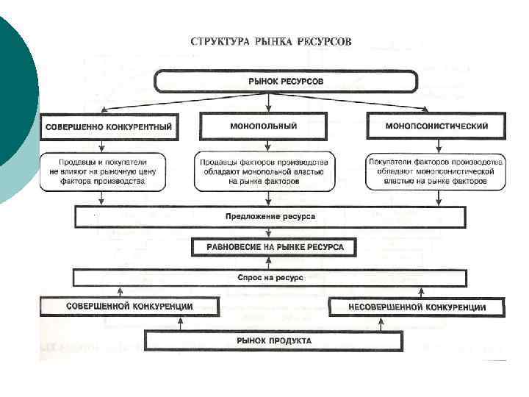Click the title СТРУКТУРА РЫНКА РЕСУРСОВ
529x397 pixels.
point(271,41)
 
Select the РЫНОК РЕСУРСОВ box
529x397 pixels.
point(285,80)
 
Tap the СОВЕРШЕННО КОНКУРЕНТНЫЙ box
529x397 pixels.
point(108,127)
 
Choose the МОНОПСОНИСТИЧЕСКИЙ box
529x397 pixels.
point(436,126)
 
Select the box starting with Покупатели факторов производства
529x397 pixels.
point(436,172)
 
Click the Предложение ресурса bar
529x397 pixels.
point(270,218)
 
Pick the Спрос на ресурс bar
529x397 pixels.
point(270,278)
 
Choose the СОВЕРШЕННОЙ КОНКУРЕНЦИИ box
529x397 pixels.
point(129,306)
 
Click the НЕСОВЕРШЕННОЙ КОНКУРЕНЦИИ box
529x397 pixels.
point(417,307)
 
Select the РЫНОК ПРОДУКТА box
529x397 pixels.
point(273,340)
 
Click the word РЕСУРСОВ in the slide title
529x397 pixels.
point(325,41)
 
